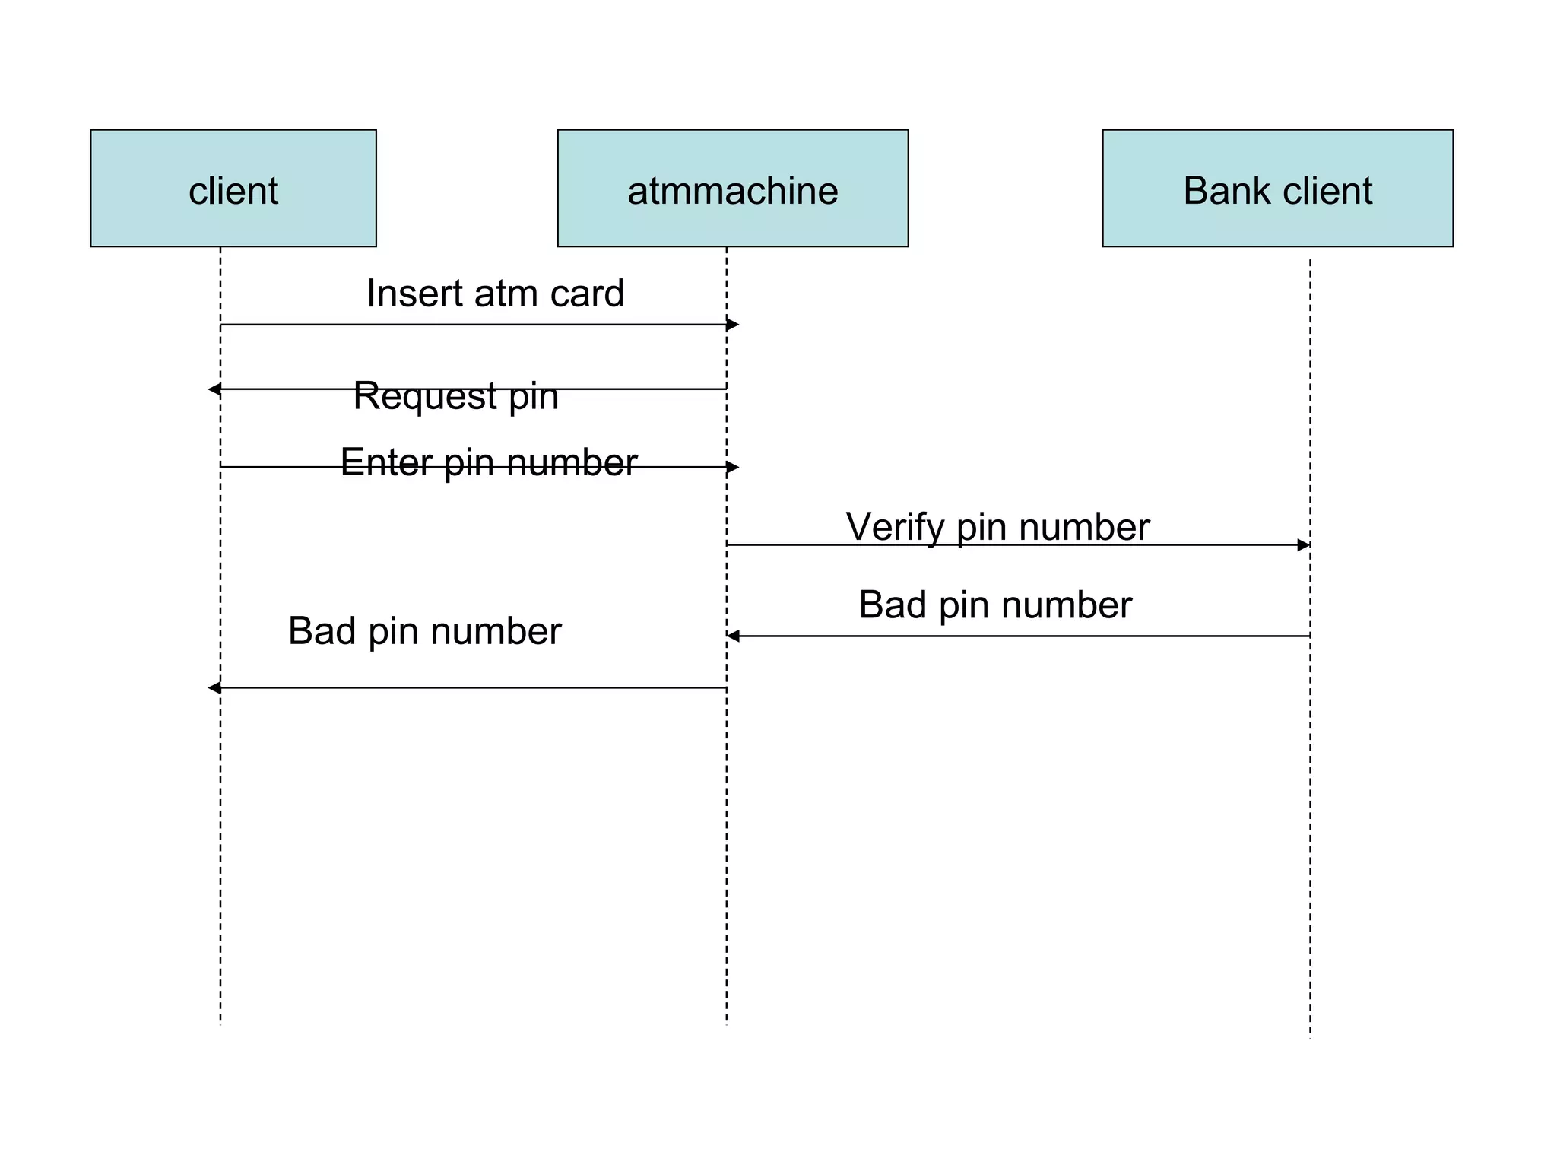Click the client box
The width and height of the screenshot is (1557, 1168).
pos(233,188)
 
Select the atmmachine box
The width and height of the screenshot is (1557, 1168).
pos(732,188)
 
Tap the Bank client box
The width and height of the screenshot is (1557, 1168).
pos(1277,188)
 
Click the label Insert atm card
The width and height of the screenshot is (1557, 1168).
pos(495,294)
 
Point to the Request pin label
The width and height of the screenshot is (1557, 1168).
pos(456,396)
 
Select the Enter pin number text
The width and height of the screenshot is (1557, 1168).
pos(488,462)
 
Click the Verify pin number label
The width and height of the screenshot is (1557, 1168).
pos(997,526)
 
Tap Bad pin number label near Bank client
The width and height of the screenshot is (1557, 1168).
pos(995,605)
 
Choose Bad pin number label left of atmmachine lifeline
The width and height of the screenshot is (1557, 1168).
pos(424,631)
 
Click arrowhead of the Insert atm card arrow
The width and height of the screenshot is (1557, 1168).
pos(733,325)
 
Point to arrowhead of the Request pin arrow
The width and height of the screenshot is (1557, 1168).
pos(214,389)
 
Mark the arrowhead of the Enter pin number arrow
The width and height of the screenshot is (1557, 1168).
pos(733,467)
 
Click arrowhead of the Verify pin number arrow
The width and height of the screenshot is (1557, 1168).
pos(1304,544)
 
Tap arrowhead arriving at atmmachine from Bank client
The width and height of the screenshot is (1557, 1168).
pos(733,636)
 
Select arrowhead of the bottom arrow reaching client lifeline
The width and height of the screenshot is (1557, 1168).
pos(214,687)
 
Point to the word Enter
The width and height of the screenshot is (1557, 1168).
pos(386,462)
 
